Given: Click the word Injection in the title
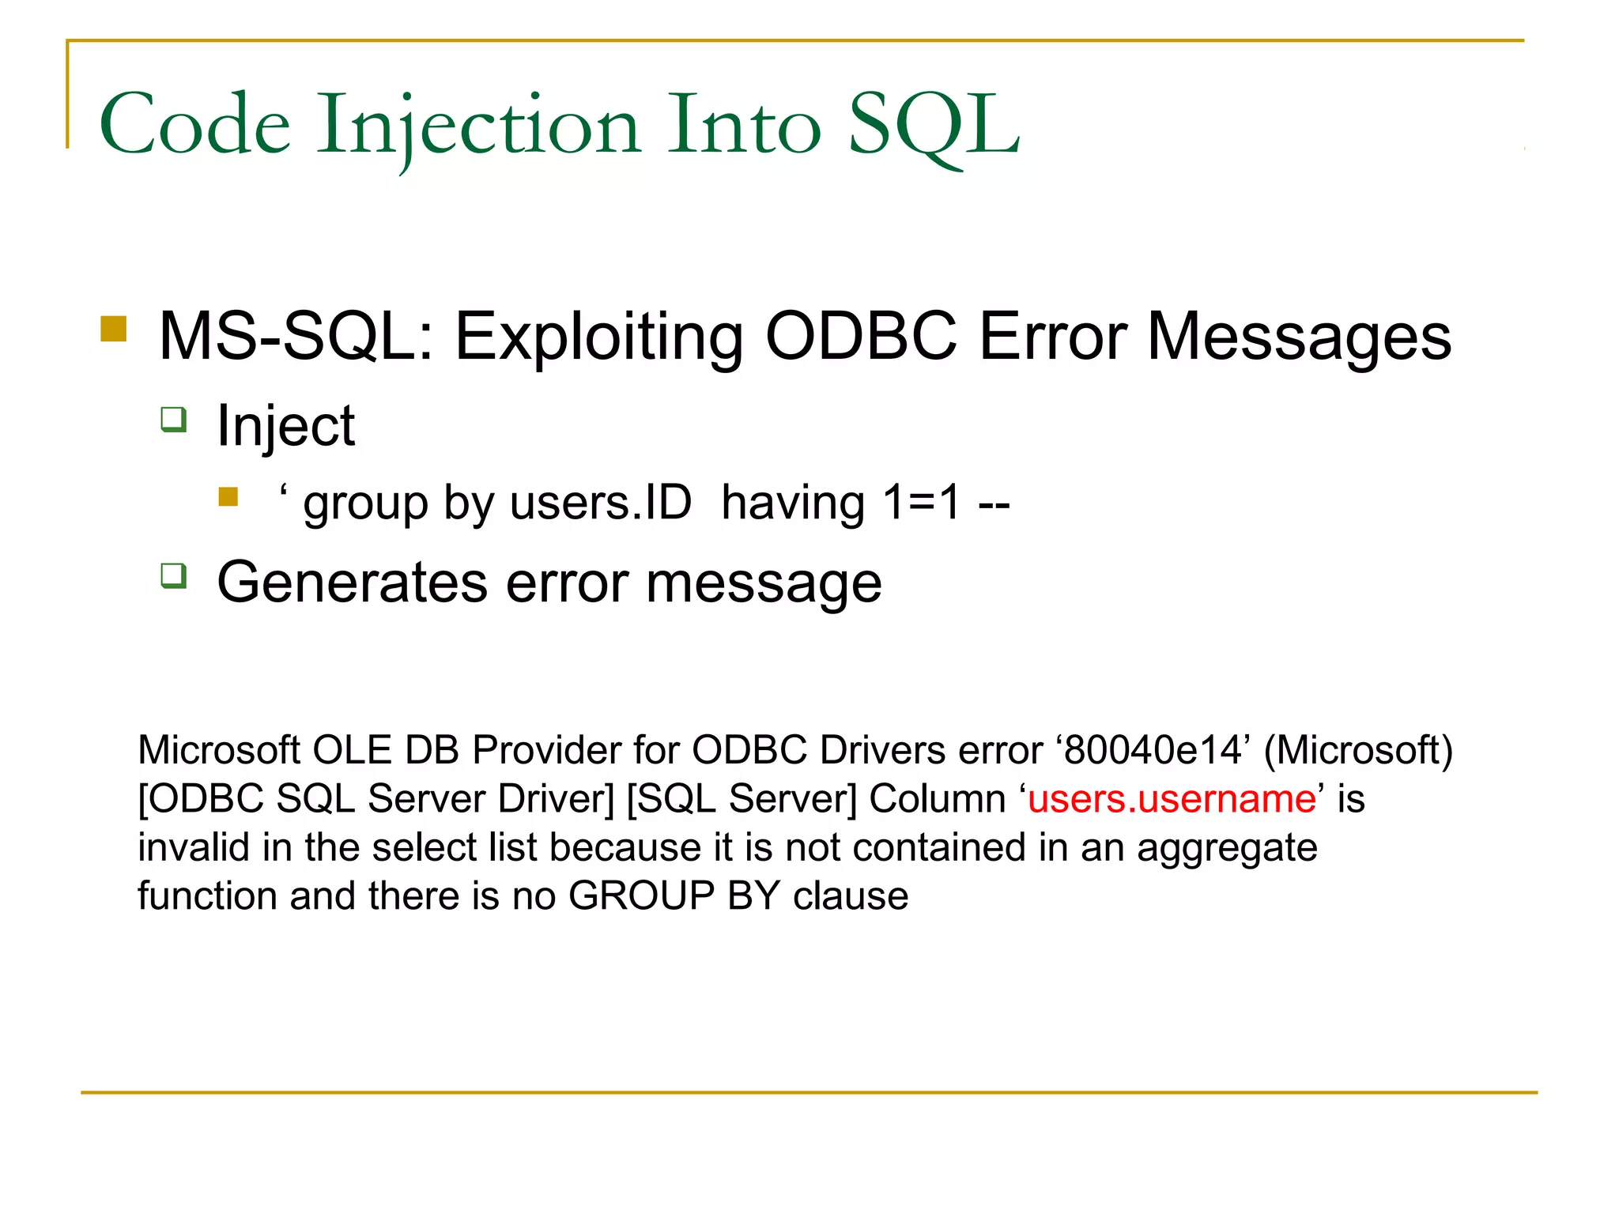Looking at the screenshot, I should point(477,125).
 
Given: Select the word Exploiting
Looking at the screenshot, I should point(598,337).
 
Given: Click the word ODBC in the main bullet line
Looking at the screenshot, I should point(861,337).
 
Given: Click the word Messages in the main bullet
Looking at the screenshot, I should point(1298,337).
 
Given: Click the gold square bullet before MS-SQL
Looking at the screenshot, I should point(114,329).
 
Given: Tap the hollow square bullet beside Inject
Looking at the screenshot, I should point(173,419).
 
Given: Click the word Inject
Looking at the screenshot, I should point(285,425).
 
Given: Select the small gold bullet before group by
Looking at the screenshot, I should point(228,496).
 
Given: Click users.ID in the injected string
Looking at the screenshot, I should point(601,503).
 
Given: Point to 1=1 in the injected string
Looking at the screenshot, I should point(921,503).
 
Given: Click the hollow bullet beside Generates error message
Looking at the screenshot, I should point(173,575).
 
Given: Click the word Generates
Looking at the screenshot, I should point(352,583).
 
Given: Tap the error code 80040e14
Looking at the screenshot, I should point(1153,750).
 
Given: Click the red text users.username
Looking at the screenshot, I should point(1172,799).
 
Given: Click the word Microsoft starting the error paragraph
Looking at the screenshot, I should point(219,750).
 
